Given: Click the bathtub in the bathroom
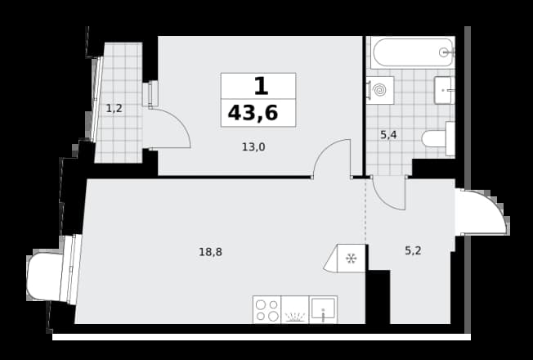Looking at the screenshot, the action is (413, 52).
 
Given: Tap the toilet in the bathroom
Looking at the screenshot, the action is (438, 138).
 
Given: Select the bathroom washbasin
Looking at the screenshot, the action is (445, 90).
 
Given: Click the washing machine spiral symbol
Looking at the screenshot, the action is (379, 90).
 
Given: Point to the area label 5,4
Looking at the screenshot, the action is (388, 135).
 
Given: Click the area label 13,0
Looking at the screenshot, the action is (253, 147).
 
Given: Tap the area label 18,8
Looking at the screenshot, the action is (210, 252).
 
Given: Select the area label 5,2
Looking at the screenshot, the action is (413, 251).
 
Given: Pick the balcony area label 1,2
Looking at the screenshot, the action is (114, 109).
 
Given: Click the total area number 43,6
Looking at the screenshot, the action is (253, 113).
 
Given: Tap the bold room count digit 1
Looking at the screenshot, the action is (261, 86).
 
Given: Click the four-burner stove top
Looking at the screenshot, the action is (266, 309).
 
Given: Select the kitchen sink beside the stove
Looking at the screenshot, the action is (323, 309).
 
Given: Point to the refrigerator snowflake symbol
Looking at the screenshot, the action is (351, 259).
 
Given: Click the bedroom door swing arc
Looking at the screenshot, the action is (323, 151).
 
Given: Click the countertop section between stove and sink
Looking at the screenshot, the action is (295, 309).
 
